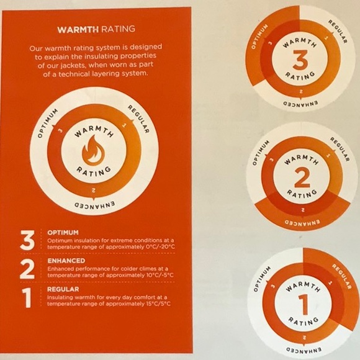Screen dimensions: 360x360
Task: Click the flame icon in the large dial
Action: (x=93, y=150)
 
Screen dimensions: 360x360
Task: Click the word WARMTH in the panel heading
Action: (x=78, y=29)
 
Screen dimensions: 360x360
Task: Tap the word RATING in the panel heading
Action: (x=118, y=29)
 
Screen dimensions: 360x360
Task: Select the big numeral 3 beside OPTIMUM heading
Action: (x=27, y=240)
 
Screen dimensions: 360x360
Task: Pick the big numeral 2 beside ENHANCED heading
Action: (x=27, y=269)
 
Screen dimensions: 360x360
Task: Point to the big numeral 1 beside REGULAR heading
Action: (x=27, y=298)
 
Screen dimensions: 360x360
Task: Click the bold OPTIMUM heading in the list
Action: (x=63, y=233)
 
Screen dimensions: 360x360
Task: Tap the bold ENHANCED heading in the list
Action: (x=66, y=261)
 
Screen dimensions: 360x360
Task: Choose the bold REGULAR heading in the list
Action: (x=63, y=289)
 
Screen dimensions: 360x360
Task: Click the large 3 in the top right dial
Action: (x=300, y=60)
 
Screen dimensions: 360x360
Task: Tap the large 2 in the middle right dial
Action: (x=302, y=178)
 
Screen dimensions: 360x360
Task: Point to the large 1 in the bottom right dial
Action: (x=304, y=305)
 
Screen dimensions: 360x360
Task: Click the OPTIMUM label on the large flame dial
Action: (x=48, y=124)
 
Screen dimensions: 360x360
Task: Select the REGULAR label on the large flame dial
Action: (x=139, y=119)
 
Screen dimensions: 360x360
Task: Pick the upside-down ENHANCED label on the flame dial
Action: (x=95, y=205)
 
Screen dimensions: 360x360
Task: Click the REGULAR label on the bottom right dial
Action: (x=342, y=276)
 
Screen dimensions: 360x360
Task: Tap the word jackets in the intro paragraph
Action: (x=74, y=66)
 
